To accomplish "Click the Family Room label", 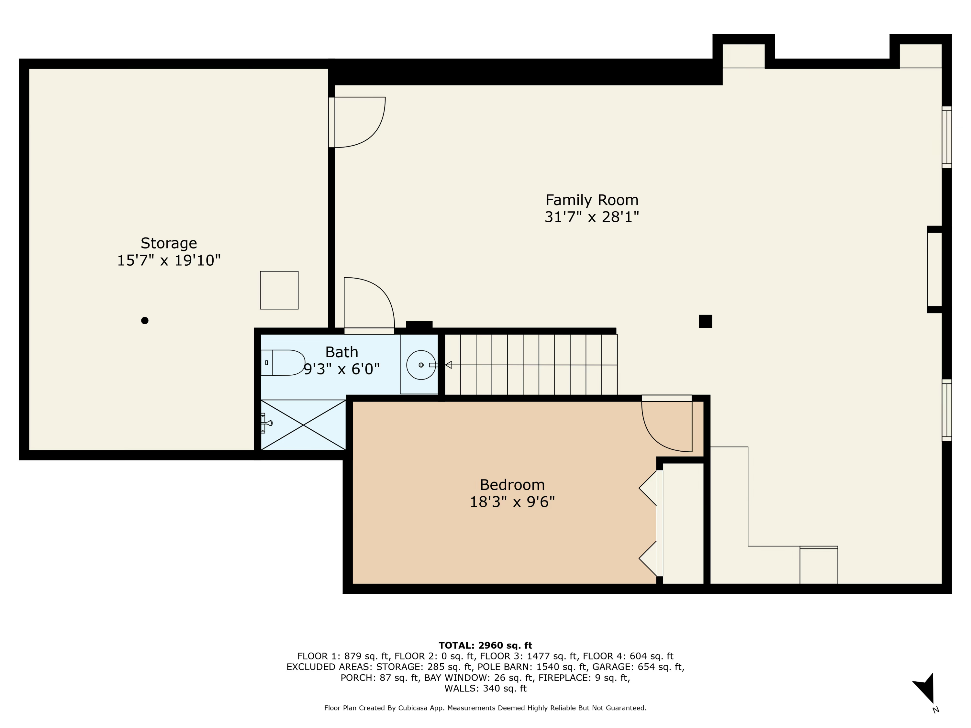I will [591, 200].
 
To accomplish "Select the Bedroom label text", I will [512, 485].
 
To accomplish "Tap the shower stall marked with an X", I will [303, 425].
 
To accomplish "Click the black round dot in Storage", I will [144, 320].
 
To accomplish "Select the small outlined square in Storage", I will [279, 290].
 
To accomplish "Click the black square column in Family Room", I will [705, 321].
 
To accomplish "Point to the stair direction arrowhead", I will [448, 365].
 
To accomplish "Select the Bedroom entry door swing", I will [665, 426].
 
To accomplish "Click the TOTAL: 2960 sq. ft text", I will [485, 645].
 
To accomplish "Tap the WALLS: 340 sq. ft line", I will [485, 689].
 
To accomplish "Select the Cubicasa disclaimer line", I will [485, 708].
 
